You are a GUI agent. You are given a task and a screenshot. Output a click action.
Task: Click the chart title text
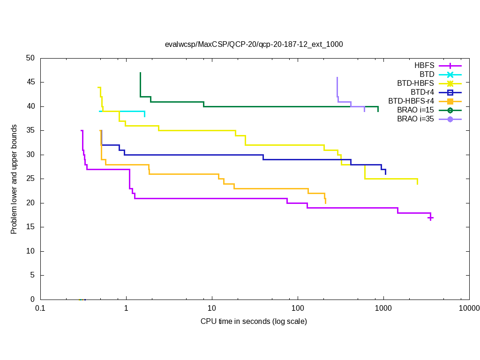tap(254, 45)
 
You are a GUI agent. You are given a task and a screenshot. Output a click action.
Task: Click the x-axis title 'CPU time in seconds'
tap(254, 321)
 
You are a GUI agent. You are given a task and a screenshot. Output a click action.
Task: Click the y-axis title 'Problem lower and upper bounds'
tap(14, 179)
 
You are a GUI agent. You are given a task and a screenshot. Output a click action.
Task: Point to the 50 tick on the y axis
tap(30, 58)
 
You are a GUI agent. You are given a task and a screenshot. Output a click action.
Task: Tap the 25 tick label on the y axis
tap(30, 179)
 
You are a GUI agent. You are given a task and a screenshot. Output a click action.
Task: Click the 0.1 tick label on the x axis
tap(40, 308)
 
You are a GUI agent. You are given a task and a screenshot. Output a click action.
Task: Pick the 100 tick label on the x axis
tap(298, 308)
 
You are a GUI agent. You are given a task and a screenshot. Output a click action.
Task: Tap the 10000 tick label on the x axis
tap(469, 308)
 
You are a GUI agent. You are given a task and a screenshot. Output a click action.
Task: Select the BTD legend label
tap(427, 74)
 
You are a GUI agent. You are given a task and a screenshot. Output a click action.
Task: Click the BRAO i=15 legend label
tap(415, 110)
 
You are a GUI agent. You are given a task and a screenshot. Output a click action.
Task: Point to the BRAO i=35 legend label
tap(415, 119)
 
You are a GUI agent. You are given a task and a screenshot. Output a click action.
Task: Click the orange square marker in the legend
tap(450, 101)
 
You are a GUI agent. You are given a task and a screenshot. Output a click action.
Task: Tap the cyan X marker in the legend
tap(450, 74)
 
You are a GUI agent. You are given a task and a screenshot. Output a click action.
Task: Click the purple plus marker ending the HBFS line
tap(430, 217)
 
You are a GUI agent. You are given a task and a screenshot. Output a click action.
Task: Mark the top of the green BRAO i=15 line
tap(140, 73)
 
